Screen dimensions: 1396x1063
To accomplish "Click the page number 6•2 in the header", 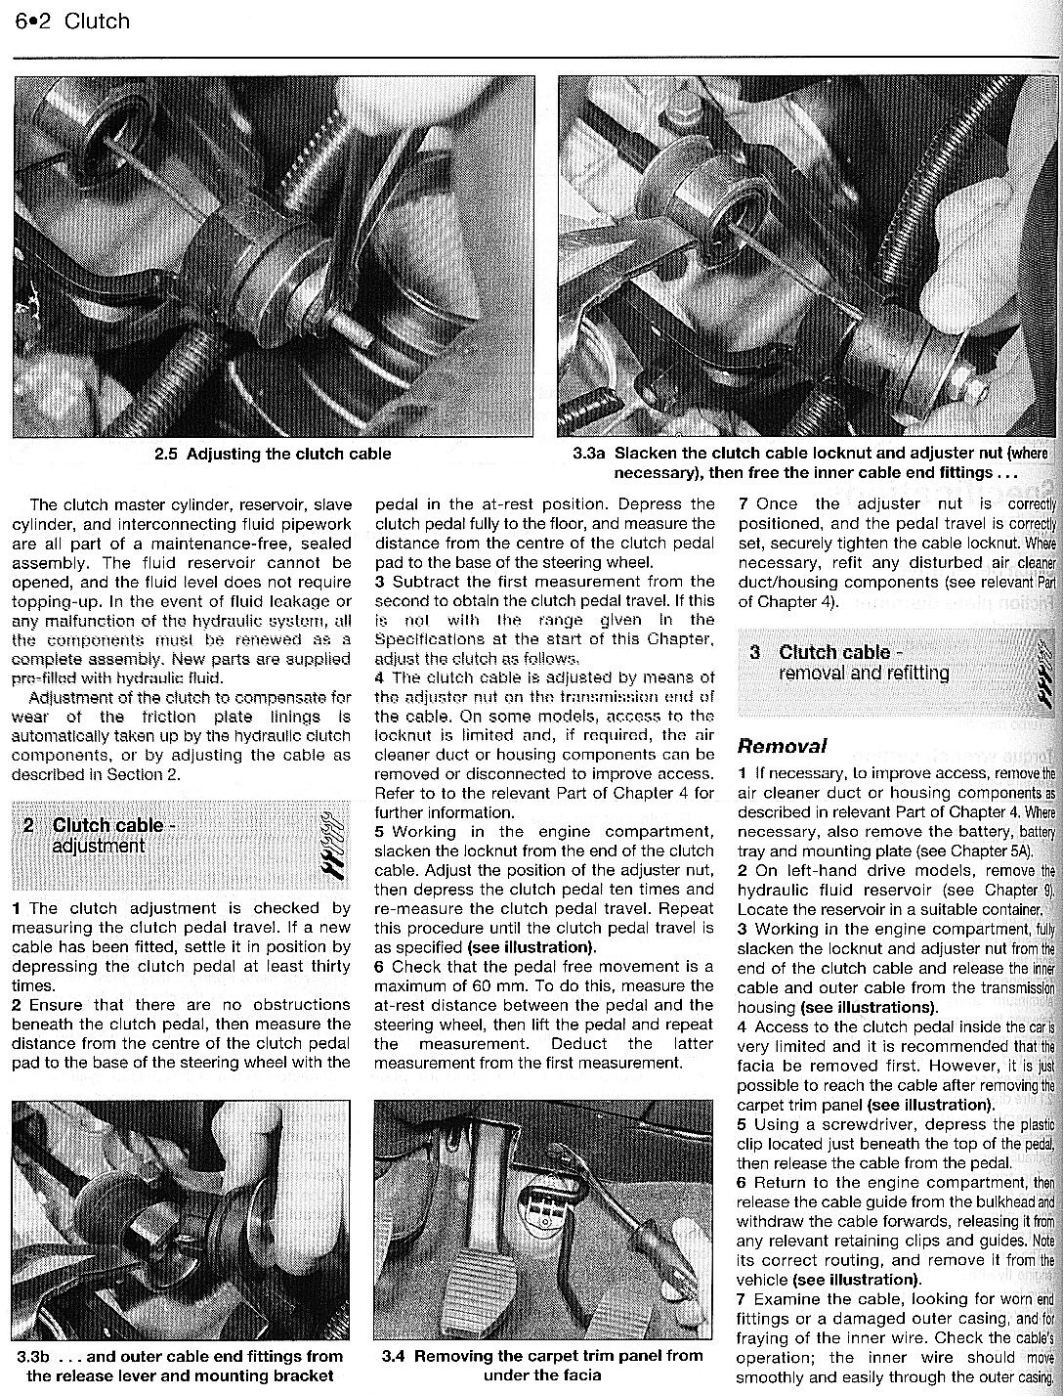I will coord(31,21).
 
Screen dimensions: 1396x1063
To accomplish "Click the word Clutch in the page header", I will coord(96,21).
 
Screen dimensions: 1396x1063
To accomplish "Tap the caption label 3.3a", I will coord(589,455).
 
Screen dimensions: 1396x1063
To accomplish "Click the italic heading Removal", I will coord(782,746).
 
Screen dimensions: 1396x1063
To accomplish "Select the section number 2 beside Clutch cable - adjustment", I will coord(30,826).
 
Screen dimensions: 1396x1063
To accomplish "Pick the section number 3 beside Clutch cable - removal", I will coord(755,652).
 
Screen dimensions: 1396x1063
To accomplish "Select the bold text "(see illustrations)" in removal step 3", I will coord(868,1007).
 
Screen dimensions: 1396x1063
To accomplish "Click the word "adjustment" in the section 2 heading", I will coord(98,846).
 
